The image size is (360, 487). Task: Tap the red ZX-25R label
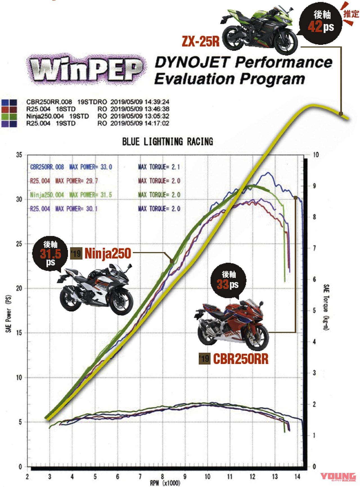201,41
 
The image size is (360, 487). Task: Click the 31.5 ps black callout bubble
50,254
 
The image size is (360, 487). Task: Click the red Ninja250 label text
108,253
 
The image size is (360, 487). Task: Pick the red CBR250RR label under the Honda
241,359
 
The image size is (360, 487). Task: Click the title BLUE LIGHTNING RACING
168,142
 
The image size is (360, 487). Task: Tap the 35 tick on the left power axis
19,155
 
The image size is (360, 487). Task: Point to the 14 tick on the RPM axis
297,477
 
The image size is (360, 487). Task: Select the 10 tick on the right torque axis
316,155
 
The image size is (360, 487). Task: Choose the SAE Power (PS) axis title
9,314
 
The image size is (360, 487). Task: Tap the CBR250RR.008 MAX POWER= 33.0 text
71,167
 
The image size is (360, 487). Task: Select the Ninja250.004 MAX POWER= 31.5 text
71,194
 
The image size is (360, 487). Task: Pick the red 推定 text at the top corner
351,13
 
